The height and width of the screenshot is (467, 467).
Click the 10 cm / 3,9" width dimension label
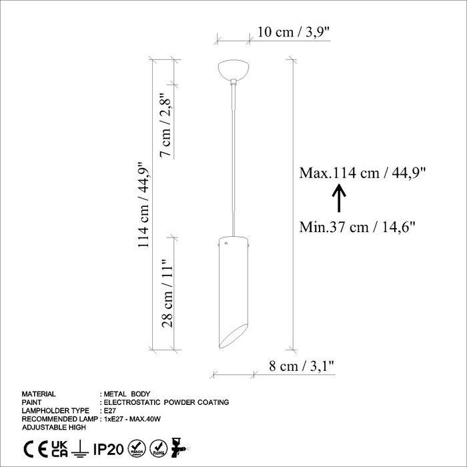294,32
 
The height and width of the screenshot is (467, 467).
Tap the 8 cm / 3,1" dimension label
302,366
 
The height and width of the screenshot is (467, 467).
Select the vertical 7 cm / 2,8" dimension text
166,125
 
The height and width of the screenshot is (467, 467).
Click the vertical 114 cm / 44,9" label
143,205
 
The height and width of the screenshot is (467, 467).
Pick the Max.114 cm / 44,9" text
362,173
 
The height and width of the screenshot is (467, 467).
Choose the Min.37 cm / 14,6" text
357,227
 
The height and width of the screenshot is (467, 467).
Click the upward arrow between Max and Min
339,198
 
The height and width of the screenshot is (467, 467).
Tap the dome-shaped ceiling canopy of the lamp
233,69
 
